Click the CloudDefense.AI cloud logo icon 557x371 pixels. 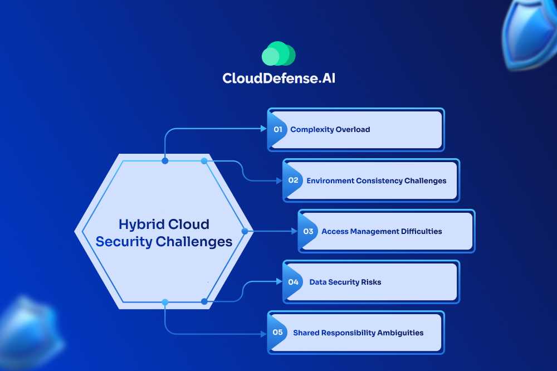pyautogui.click(x=278, y=55)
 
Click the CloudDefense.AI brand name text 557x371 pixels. pyautogui.click(x=278, y=78)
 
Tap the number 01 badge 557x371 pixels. pyautogui.click(x=278, y=129)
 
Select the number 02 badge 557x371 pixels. pyautogui.click(x=294, y=180)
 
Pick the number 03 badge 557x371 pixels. pyautogui.click(x=309, y=231)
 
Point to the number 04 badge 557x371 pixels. pyautogui.click(x=294, y=282)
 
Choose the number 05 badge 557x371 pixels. pyautogui.click(x=278, y=333)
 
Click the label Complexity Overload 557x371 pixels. pyautogui.click(x=330, y=129)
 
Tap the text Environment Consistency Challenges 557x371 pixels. pyautogui.click(x=376, y=180)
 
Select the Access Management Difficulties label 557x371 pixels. pyautogui.click(x=382, y=231)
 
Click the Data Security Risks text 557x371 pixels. pyautogui.click(x=345, y=282)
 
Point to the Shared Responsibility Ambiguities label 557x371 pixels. pyautogui.click(x=358, y=333)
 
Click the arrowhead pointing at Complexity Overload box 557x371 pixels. pyautogui.click(x=265, y=129)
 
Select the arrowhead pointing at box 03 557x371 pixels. pyautogui.click(x=295, y=231)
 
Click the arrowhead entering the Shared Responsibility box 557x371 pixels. pyautogui.click(x=265, y=334)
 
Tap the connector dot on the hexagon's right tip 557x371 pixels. pyautogui.click(x=245, y=231)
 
